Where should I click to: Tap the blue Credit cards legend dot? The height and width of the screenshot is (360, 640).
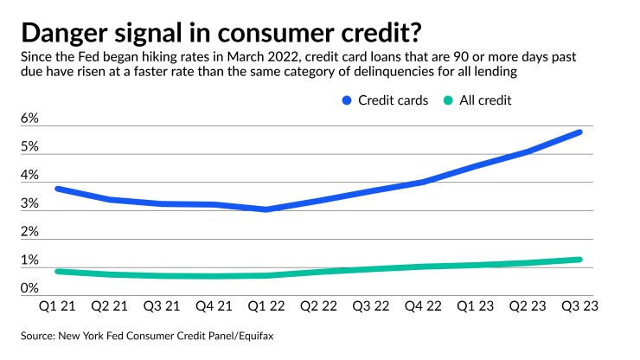346,100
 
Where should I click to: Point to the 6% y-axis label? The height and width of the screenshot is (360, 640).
29,119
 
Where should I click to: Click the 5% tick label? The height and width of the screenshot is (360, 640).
29,147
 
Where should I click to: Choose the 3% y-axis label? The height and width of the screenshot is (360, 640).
29,204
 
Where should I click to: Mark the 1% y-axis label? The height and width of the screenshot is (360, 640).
29,260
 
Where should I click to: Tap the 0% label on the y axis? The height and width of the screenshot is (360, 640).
29,289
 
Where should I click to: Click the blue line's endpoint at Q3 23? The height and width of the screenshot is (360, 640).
579,132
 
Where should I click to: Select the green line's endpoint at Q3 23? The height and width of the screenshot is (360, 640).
579,260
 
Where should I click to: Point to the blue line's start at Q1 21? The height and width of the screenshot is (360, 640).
57,189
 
